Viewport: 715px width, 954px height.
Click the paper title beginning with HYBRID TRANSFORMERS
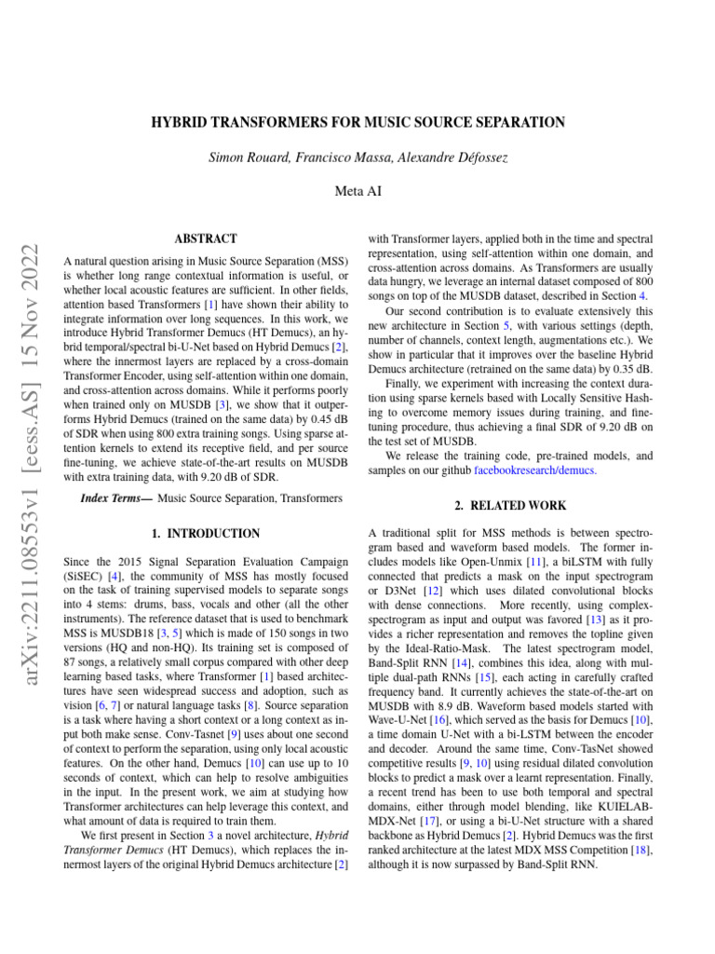(357, 122)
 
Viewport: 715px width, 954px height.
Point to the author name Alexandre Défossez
(452, 157)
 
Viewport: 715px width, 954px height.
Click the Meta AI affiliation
(357, 191)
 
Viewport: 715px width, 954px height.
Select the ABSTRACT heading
(206, 239)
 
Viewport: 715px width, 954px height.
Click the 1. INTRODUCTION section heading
(206, 534)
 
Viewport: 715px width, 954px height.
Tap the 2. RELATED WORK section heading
(511, 506)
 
